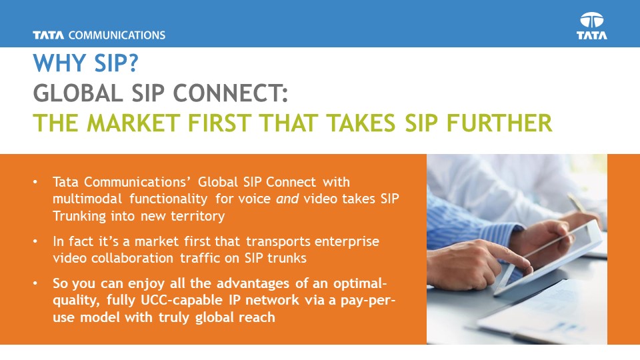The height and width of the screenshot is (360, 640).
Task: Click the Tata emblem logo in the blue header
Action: (592, 26)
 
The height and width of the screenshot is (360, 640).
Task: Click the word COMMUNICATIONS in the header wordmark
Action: (117, 35)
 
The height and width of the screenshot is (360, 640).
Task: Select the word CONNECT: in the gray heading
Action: (231, 93)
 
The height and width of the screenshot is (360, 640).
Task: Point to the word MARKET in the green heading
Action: (133, 123)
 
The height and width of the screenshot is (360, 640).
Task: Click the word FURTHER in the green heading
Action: (499, 123)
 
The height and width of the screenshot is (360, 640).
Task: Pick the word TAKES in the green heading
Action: (361, 123)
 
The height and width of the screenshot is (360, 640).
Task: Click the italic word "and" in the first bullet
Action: (287, 199)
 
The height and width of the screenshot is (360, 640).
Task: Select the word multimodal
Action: (87, 199)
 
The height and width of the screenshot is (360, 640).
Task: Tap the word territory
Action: (197, 216)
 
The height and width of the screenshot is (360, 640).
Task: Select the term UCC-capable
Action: (181, 300)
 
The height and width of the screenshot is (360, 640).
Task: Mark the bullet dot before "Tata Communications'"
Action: (35, 182)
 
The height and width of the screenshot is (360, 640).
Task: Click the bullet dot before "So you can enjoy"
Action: (35, 283)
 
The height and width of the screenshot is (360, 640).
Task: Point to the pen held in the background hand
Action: (576, 203)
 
